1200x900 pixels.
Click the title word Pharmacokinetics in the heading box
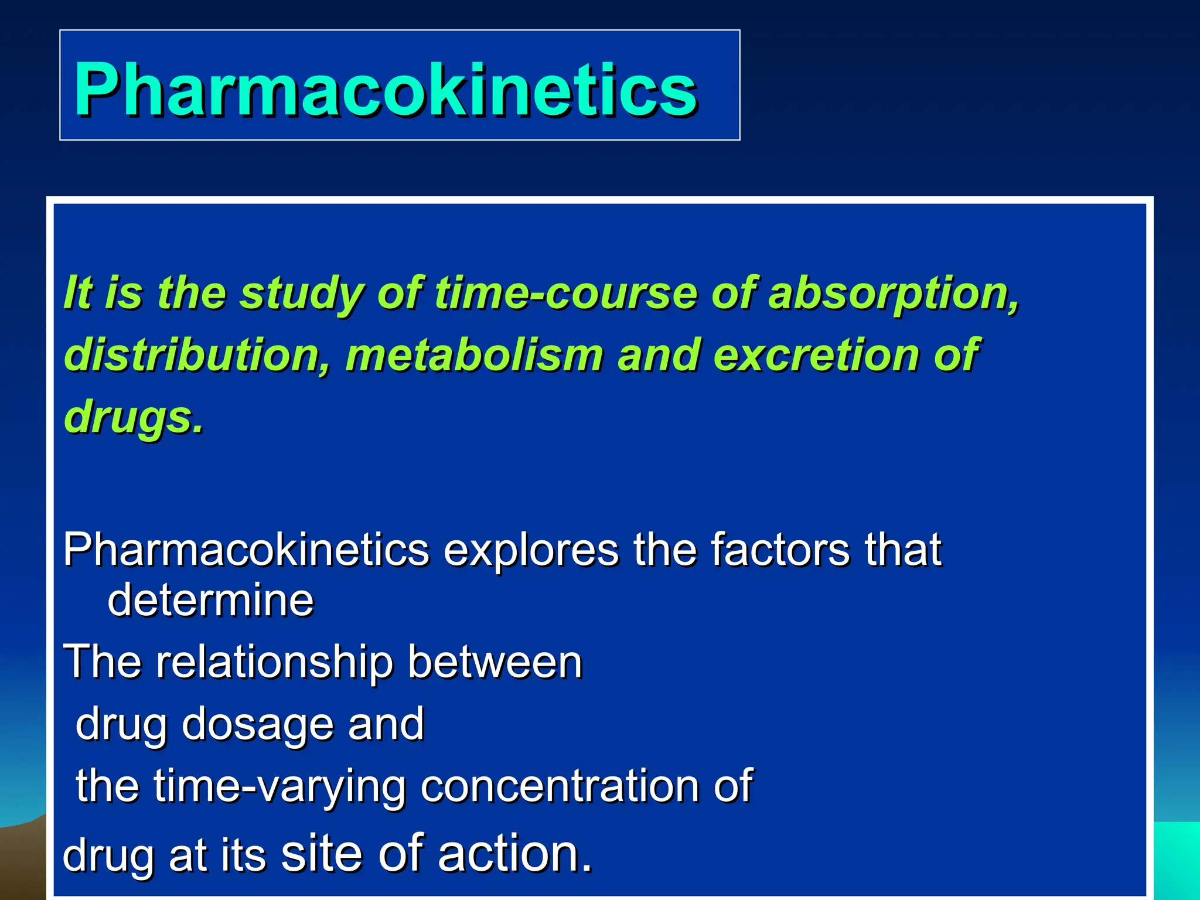click(385, 90)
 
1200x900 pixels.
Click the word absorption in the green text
click(892, 292)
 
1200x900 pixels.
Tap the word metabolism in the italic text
click(474, 355)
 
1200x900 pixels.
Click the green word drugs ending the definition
click(133, 417)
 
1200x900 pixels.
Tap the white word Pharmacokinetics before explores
click(246, 550)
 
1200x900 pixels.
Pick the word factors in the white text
click(780, 550)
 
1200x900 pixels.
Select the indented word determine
click(210, 600)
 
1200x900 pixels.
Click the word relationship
click(274, 663)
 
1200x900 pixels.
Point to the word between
click(495, 663)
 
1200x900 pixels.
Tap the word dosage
click(258, 724)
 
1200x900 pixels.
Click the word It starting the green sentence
click(78, 292)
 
